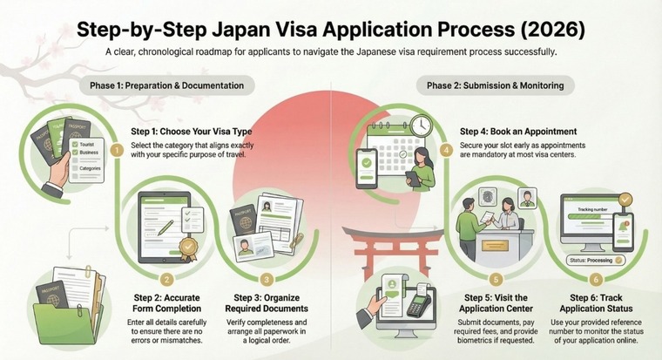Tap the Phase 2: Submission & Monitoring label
[495, 85]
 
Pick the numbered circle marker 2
[165, 279]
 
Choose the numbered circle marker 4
[446, 150]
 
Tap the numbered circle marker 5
[496, 280]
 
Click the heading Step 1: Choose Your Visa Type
[185, 131]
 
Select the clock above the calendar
[420, 126]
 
